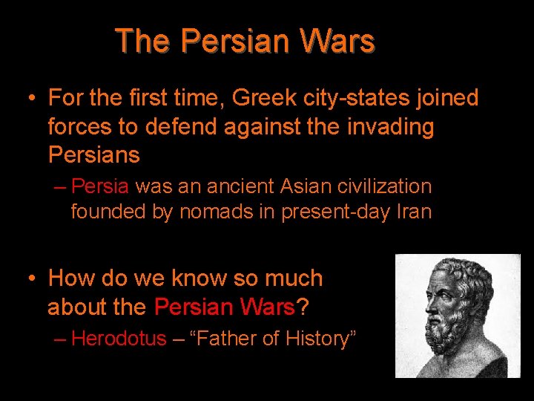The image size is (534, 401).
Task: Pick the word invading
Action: (x=389, y=127)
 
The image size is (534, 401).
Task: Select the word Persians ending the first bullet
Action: (x=93, y=155)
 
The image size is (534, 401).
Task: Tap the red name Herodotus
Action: (x=119, y=339)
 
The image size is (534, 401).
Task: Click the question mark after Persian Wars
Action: (x=302, y=306)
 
